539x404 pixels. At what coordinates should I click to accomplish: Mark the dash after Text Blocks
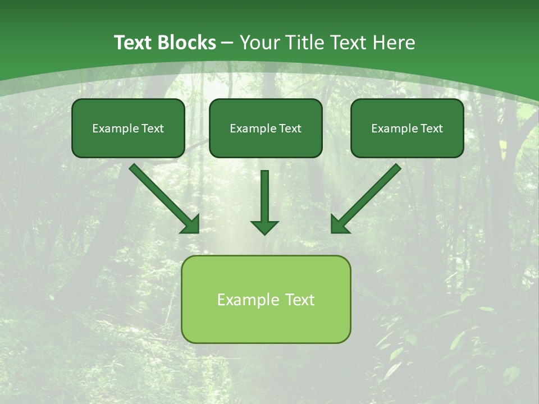[227, 43]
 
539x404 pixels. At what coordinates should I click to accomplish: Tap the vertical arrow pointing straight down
[264, 199]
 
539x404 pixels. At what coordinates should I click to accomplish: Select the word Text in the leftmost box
[153, 128]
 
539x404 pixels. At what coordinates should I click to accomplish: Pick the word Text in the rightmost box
[432, 128]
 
